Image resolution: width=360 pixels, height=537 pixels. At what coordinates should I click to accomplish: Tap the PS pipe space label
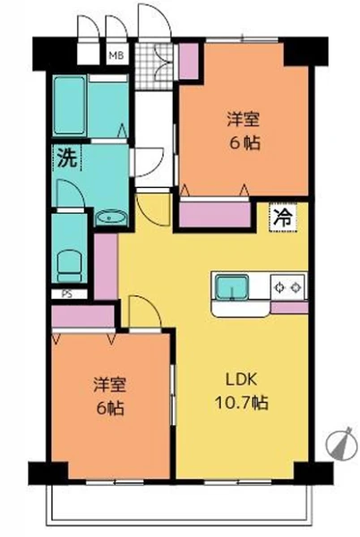(67, 294)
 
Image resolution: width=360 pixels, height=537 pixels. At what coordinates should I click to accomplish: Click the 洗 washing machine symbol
(67, 158)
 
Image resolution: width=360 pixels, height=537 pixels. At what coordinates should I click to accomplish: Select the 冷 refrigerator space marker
(284, 217)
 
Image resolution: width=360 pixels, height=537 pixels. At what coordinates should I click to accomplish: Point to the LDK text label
(241, 380)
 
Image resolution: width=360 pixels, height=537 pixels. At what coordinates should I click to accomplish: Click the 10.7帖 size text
(241, 403)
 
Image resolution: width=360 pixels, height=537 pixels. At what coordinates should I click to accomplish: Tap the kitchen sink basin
(233, 287)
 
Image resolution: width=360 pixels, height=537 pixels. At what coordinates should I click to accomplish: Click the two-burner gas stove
(288, 287)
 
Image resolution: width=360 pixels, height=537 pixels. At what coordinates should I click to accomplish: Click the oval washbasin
(110, 218)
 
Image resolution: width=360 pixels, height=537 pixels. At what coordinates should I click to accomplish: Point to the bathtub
(69, 106)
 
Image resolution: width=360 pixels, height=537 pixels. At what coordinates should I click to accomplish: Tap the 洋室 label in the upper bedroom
(244, 120)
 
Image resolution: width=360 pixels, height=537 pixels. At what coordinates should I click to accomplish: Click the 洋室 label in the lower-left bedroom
(110, 385)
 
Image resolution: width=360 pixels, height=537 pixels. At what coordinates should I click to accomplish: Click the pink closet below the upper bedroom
(215, 215)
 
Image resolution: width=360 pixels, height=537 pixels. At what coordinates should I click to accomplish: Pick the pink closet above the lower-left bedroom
(83, 316)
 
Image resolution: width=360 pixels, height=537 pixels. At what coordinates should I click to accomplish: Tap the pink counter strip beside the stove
(289, 307)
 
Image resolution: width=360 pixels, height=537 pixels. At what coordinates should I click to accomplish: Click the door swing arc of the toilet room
(71, 193)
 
